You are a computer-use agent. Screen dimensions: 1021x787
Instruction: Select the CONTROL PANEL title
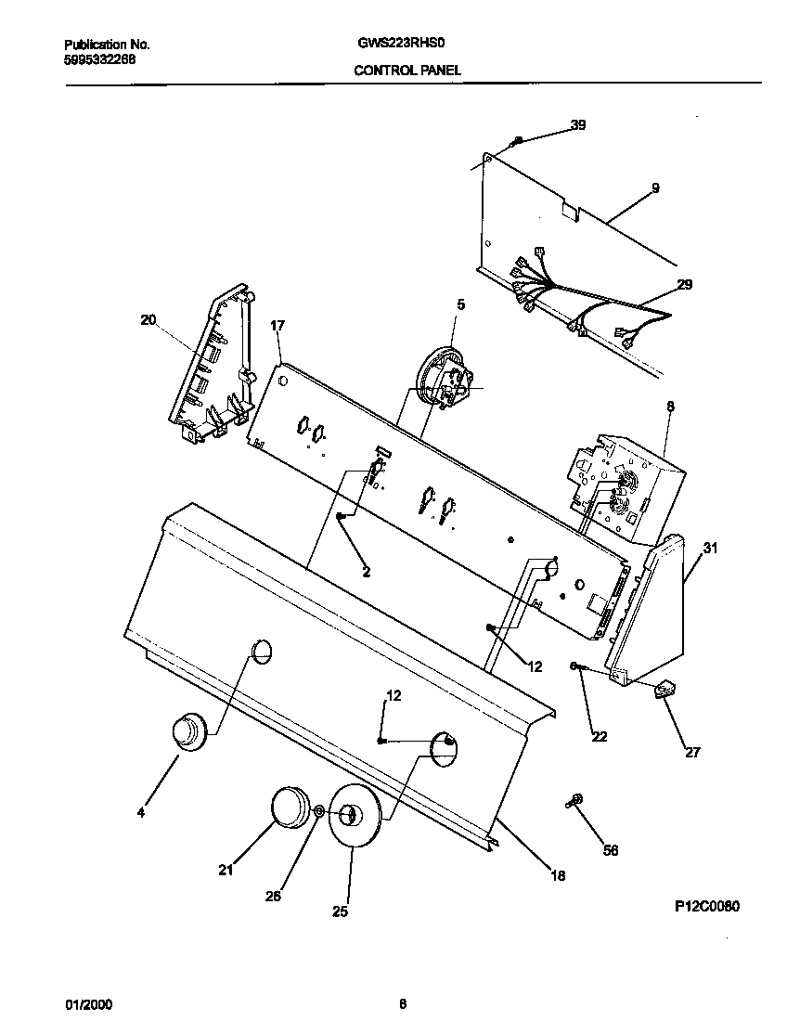[407, 70]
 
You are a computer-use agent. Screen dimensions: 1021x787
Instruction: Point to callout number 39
[577, 125]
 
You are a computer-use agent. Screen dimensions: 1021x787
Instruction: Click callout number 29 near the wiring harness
[684, 284]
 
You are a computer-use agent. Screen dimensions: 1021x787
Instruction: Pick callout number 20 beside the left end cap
[148, 320]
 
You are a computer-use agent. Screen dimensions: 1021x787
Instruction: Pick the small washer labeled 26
[318, 812]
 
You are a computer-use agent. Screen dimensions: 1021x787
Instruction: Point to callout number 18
[557, 874]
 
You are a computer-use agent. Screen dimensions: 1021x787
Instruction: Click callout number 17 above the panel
[277, 326]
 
